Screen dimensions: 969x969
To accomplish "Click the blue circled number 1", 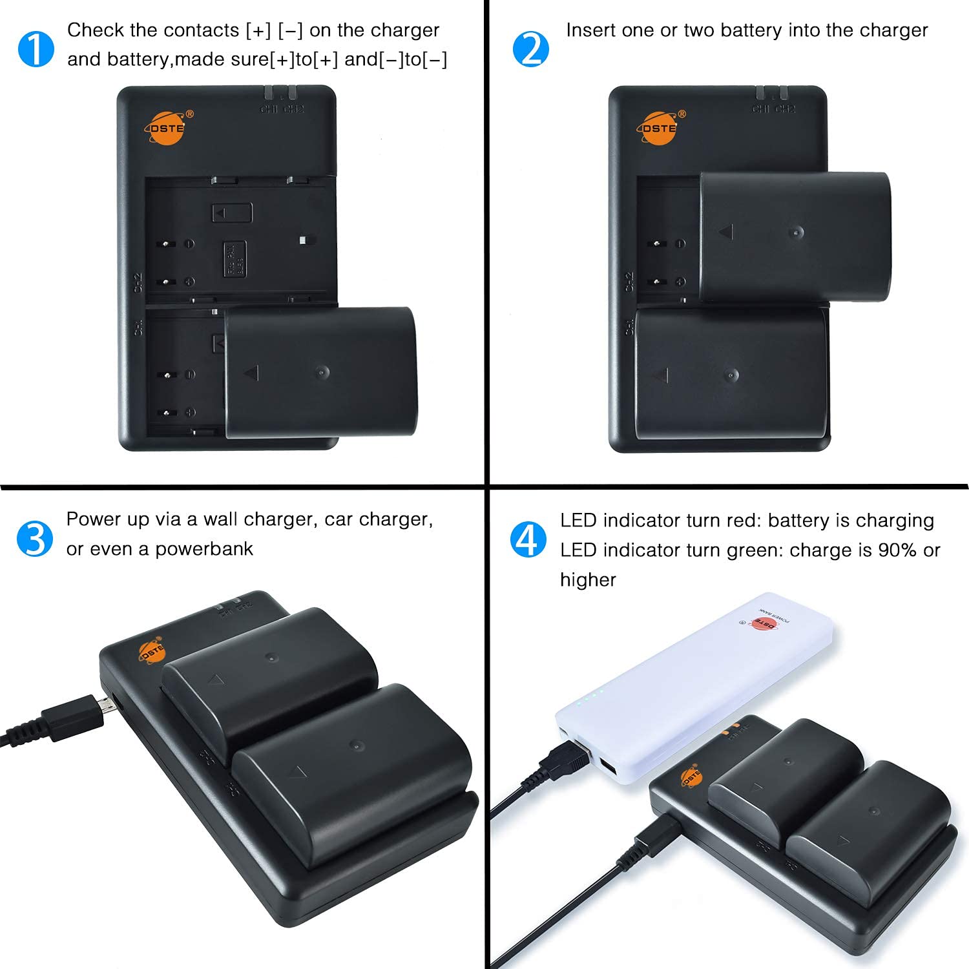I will coord(36,49).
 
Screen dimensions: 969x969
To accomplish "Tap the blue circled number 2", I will coord(530,49).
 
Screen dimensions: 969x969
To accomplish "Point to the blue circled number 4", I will coord(528,539).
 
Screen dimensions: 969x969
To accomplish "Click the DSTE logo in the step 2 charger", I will coord(660,127).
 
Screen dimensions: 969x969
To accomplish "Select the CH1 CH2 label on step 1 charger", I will coord(282,109).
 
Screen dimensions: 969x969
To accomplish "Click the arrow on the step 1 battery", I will coord(251,373).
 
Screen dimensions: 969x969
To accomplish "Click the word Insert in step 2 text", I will coord(589,30).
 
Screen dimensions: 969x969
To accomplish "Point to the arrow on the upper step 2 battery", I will coord(726,231).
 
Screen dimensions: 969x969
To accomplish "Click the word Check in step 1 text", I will coord(95,30).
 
